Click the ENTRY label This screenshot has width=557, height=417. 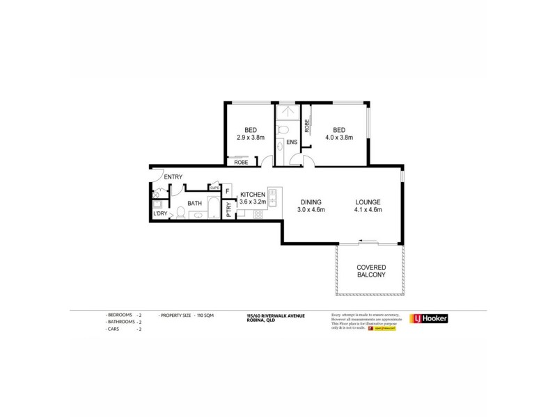coord(173,177)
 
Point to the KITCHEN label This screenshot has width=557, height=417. coord(252,194)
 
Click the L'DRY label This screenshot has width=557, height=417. coord(159,213)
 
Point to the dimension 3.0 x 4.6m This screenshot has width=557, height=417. coord(311,210)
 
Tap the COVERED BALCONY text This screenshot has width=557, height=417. coord(371,272)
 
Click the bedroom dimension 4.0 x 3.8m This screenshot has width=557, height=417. coord(339,138)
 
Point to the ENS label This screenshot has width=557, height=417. coord(291,142)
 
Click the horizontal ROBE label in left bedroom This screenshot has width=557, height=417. coord(242,162)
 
